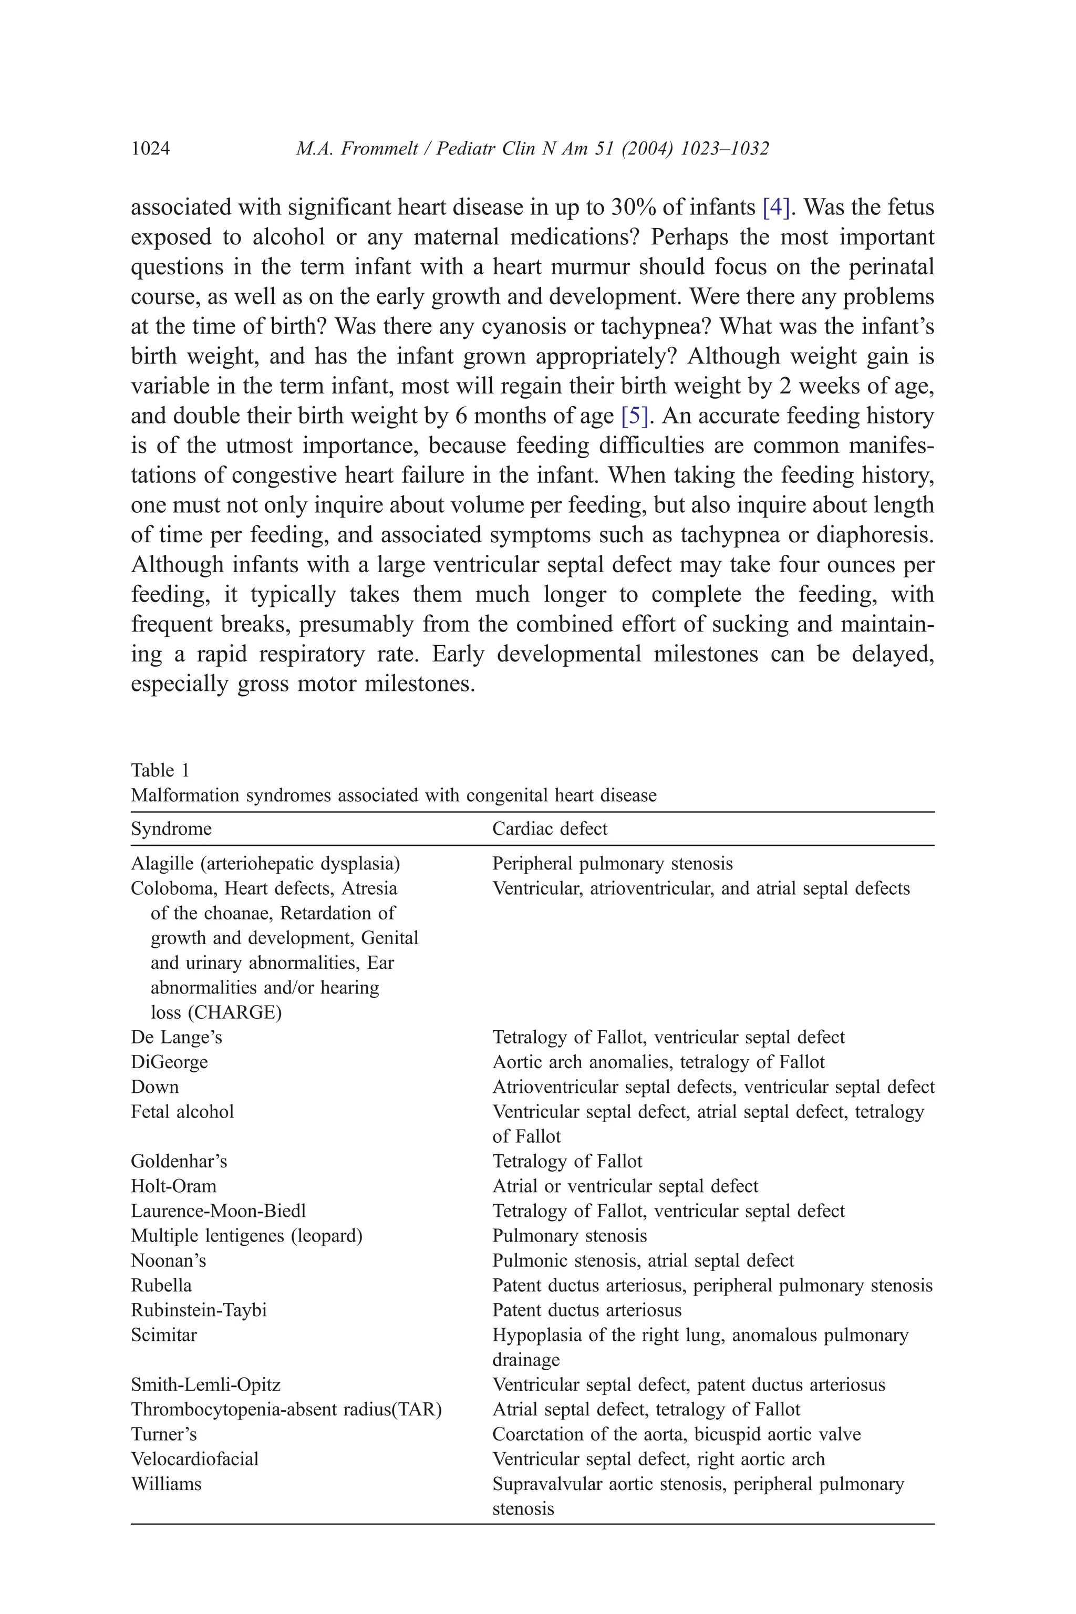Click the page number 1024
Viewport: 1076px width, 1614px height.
(x=150, y=148)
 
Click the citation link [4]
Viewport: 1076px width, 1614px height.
(x=776, y=206)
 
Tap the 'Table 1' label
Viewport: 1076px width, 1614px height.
(x=160, y=770)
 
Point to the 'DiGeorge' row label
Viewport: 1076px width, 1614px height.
(x=169, y=1062)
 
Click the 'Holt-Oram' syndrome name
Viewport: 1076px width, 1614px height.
(x=173, y=1186)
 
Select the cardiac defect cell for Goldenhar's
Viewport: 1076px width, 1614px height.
(x=567, y=1161)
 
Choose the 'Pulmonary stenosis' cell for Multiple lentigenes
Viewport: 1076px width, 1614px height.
(x=570, y=1235)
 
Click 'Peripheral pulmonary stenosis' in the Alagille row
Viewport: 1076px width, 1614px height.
(x=612, y=863)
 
